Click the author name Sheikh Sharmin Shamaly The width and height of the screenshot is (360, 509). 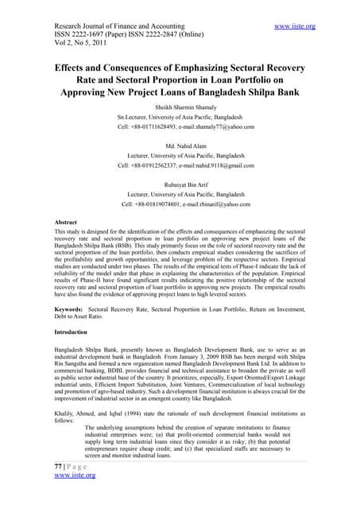pyautogui.click(x=179, y=105)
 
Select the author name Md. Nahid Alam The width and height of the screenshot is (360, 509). pyautogui.click(x=179, y=147)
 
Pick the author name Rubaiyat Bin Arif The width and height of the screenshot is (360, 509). pyautogui.click(x=179, y=182)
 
